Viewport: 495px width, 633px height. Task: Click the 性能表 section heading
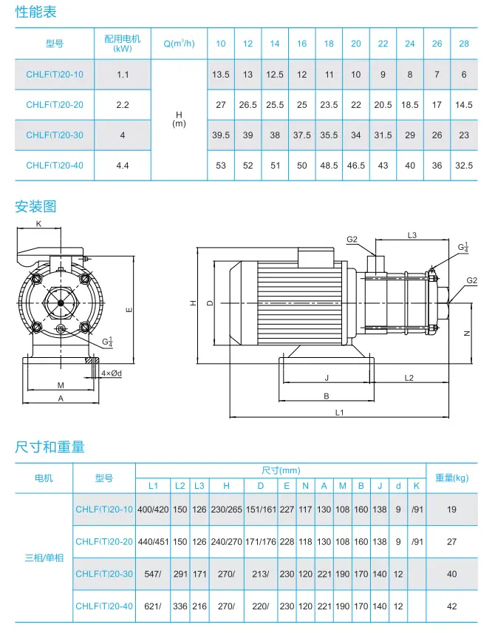click(36, 12)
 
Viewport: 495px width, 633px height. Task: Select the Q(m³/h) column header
click(179, 43)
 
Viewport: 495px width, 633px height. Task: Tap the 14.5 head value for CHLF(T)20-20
click(464, 105)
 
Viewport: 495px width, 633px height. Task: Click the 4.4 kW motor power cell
click(122, 166)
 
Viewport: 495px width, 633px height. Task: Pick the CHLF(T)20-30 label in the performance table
click(55, 135)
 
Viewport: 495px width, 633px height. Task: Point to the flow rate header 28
click(464, 44)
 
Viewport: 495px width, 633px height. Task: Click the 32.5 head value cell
click(464, 166)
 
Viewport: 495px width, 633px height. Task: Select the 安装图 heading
click(35, 207)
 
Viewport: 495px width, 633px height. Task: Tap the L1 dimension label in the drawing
click(339, 413)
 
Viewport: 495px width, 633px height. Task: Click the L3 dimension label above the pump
click(412, 235)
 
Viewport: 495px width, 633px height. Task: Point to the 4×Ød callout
click(112, 373)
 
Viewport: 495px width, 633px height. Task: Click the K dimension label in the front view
click(38, 223)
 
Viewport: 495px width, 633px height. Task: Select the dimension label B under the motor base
click(327, 396)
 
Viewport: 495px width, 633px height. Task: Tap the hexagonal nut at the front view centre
click(61, 302)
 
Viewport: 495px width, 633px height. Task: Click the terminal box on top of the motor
click(316, 257)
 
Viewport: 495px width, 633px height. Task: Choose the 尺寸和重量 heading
click(49, 447)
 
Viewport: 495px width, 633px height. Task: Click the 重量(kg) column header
click(452, 478)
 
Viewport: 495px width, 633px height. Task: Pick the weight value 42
click(452, 606)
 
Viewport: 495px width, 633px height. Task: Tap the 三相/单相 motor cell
click(44, 558)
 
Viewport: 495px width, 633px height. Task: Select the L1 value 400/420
click(153, 510)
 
